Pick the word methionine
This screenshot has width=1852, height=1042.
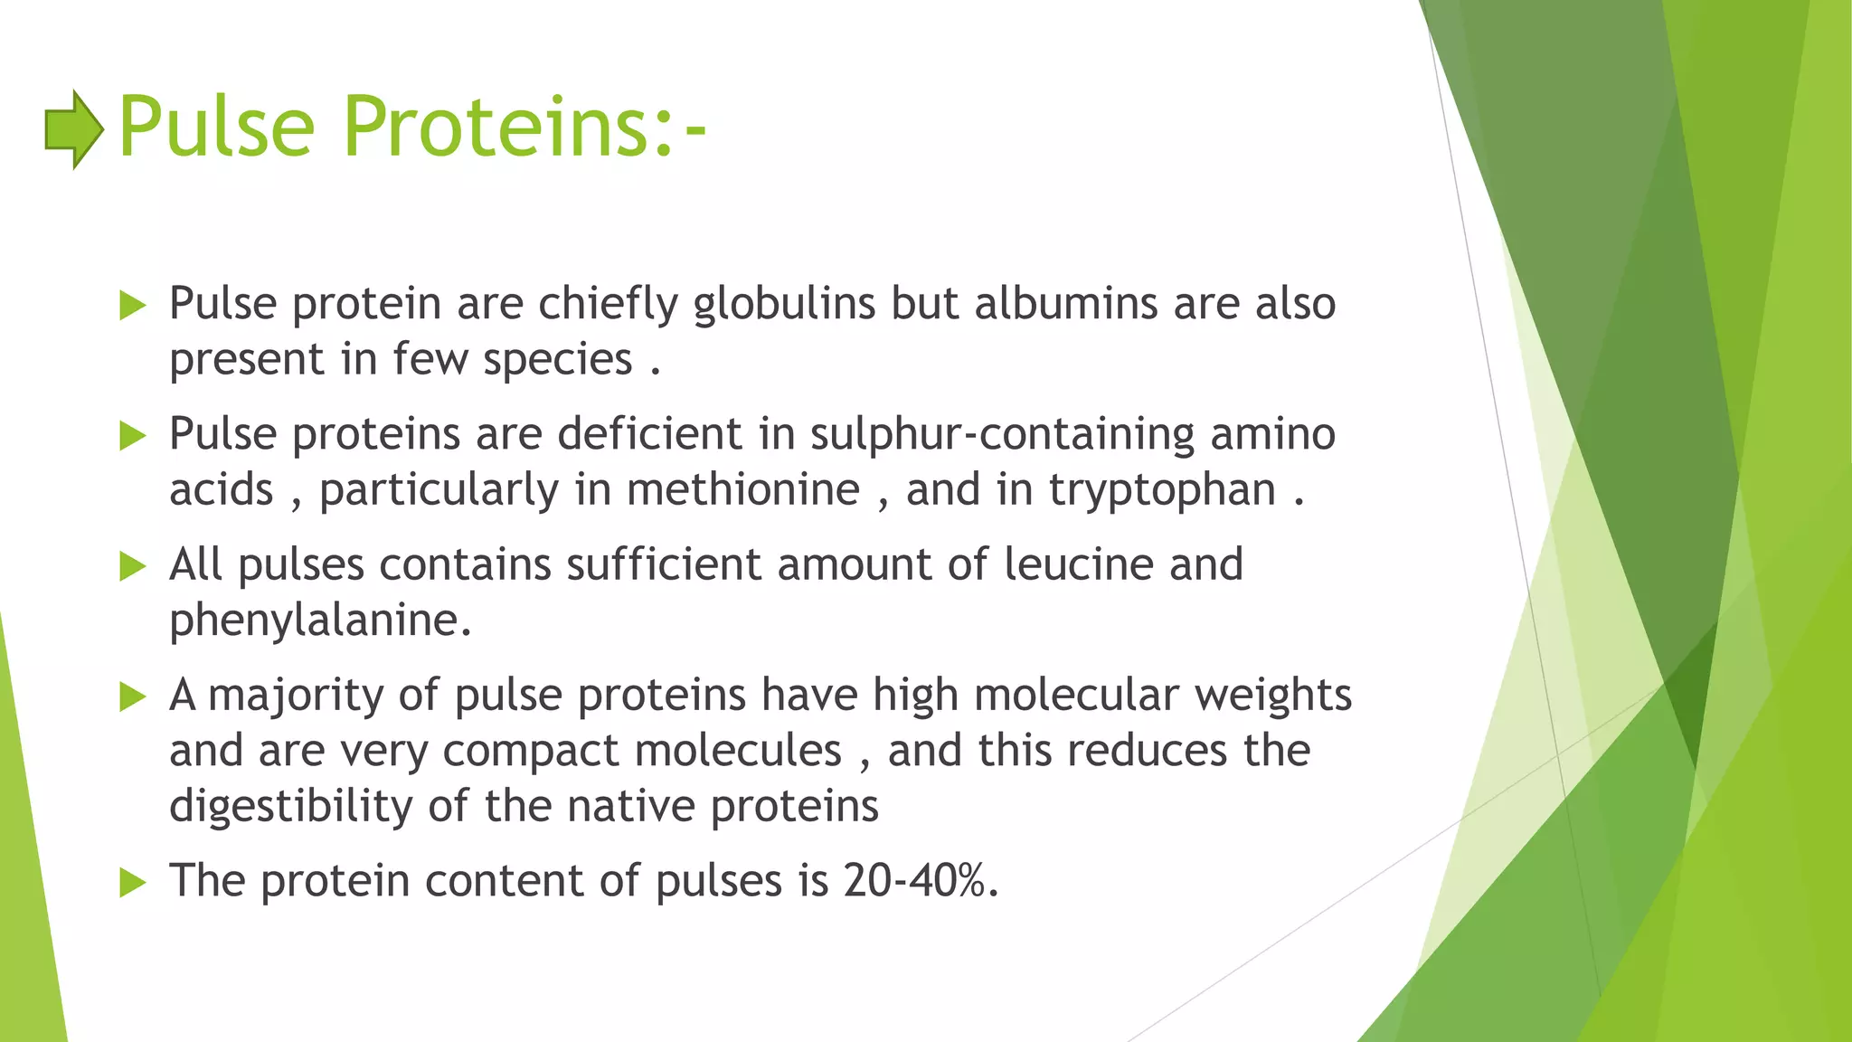pyautogui.click(x=742, y=490)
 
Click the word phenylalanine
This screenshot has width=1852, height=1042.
pyautogui.click(x=320, y=621)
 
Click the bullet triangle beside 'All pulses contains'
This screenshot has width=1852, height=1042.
pyautogui.click(x=132, y=567)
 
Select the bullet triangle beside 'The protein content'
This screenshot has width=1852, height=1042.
pyautogui.click(x=132, y=883)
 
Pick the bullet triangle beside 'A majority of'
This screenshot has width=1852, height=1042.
pyautogui.click(x=132, y=697)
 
